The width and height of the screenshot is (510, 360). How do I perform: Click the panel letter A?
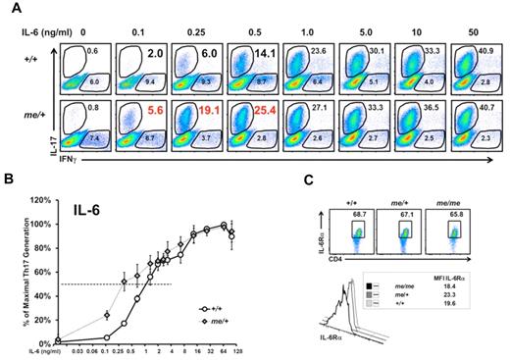tap(9, 8)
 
